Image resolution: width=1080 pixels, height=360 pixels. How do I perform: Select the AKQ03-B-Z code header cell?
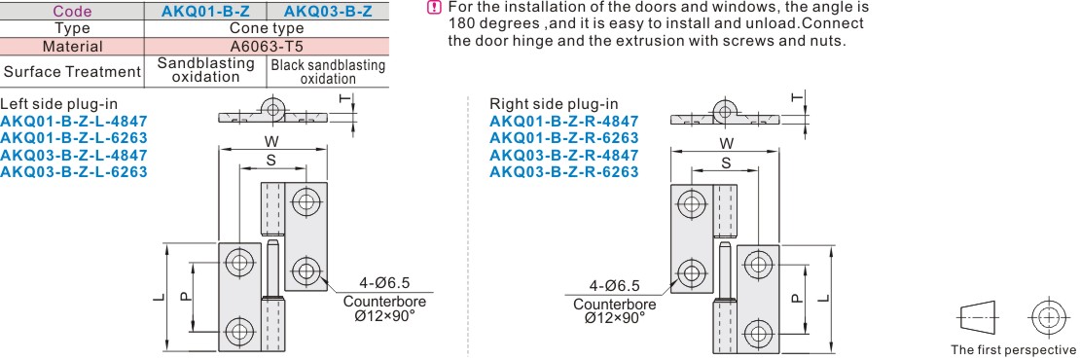click(x=327, y=11)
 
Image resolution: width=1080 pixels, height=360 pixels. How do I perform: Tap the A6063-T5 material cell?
click(x=267, y=47)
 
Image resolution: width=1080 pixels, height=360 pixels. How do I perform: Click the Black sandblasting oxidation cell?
click(x=328, y=72)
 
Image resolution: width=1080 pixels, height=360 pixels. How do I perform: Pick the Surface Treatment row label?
click(x=72, y=72)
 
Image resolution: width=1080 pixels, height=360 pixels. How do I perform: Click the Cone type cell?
click(x=267, y=29)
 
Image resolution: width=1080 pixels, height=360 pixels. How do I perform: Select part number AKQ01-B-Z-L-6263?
click(x=74, y=137)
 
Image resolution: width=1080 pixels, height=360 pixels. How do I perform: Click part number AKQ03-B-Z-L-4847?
click(x=74, y=155)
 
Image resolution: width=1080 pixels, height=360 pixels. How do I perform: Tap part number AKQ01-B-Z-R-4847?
click(x=564, y=122)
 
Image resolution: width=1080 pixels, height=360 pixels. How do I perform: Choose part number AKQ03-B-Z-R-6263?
click(x=564, y=171)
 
